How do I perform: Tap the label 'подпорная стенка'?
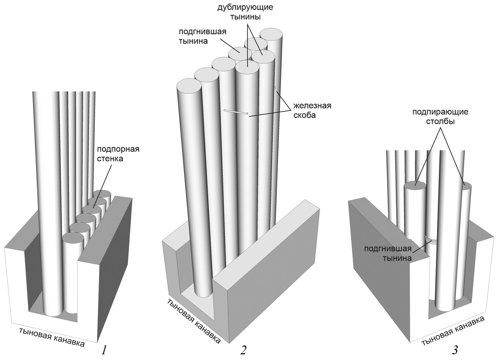[118, 154]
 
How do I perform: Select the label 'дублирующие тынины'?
[245, 12]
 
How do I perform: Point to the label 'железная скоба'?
[312, 111]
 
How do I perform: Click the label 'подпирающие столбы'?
[440, 117]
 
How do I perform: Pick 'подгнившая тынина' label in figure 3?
[388, 254]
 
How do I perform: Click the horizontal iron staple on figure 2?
[236, 112]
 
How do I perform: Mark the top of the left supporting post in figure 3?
[415, 185]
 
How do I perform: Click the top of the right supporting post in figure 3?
[467, 186]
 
